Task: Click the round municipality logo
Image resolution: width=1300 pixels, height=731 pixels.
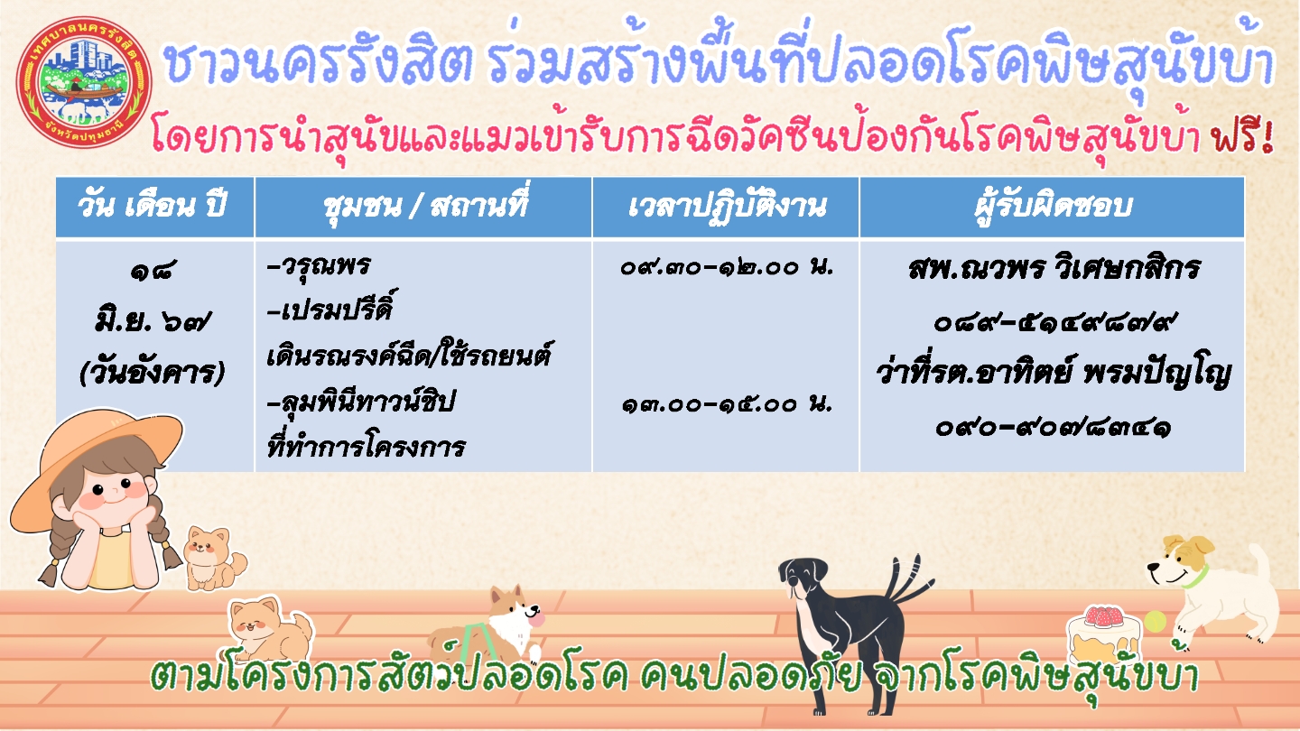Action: [x=85, y=82]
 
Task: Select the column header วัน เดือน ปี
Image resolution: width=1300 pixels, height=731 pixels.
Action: [x=152, y=206]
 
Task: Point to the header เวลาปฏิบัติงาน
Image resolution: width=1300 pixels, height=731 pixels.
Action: [x=727, y=206]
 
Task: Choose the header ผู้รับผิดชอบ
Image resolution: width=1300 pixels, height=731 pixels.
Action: [x=1054, y=205]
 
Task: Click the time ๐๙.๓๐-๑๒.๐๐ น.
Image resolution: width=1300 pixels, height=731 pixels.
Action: [x=727, y=267]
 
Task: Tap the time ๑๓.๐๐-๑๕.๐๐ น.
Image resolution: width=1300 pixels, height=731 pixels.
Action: [x=727, y=403]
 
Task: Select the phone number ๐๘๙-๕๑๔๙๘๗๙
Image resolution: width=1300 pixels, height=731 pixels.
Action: [x=1054, y=322]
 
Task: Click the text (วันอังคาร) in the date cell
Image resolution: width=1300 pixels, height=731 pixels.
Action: [x=152, y=372]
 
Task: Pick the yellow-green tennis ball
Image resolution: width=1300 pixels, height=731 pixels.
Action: [x=1155, y=621]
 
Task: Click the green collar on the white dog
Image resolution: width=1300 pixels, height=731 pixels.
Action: [x=1196, y=578]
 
